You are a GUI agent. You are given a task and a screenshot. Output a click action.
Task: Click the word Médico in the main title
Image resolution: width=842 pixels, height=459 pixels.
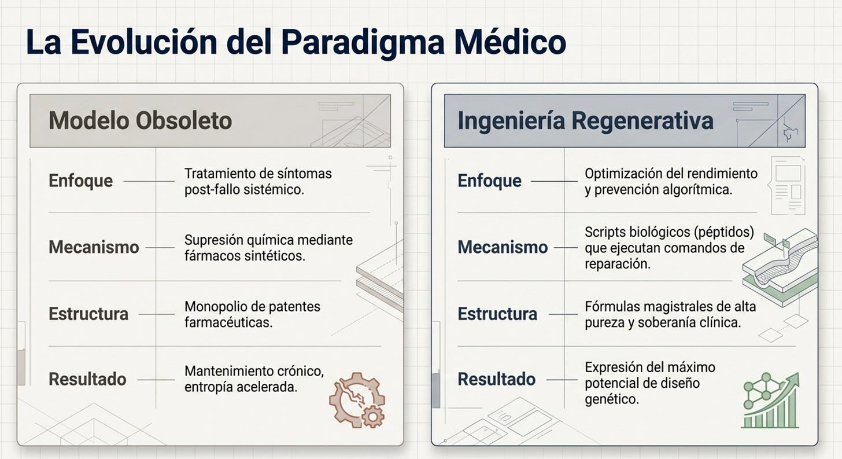[510, 42]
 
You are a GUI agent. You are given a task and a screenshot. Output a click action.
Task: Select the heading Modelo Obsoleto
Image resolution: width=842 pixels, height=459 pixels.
[140, 121]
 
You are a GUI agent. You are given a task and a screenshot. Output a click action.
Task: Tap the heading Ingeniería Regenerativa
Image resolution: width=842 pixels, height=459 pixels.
[585, 121]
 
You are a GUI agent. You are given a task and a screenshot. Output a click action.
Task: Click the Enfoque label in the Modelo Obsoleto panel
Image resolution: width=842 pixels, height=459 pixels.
[80, 181]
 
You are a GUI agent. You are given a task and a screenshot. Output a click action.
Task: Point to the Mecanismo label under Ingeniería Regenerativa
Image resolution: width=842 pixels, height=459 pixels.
[503, 247]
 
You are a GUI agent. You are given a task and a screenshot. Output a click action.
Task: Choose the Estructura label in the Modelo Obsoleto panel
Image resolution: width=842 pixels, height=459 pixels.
[88, 314]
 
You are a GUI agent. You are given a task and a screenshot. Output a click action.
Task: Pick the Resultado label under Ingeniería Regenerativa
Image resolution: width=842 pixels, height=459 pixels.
[497, 379]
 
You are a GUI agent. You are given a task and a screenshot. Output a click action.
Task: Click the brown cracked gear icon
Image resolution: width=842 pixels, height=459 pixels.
[357, 401]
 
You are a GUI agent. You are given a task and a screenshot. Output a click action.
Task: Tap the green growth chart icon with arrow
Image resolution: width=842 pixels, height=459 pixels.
[770, 401]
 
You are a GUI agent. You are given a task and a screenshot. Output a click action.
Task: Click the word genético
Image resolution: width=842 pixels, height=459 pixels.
[612, 399]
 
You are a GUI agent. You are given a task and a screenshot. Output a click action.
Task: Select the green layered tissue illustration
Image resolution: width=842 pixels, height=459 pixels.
[780, 267]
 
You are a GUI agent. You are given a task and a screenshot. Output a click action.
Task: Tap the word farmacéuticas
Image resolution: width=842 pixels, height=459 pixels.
[228, 323]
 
